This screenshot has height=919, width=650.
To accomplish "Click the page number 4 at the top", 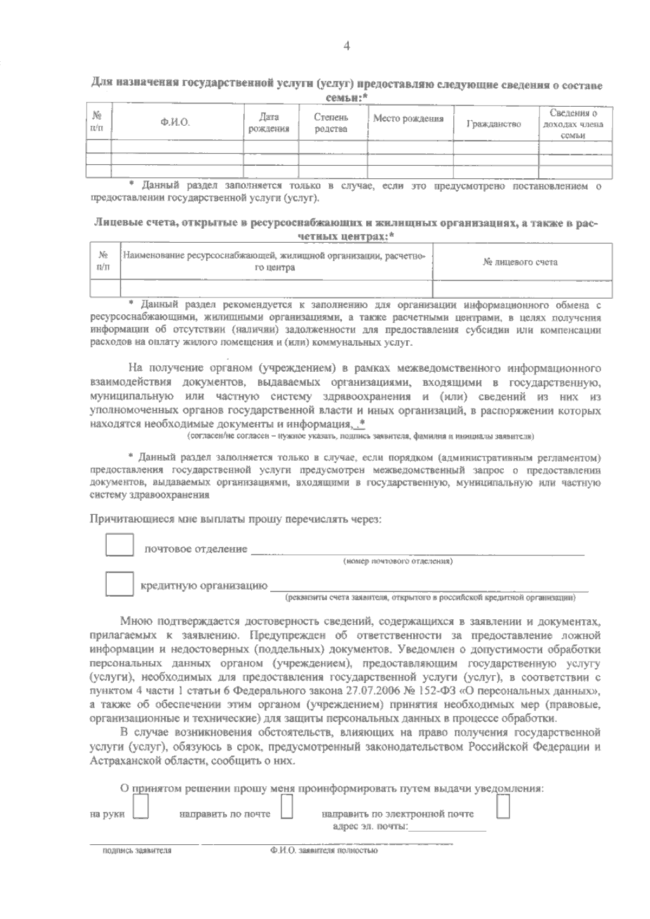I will [x=347, y=47].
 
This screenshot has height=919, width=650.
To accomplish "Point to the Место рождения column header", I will [x=408, y=119].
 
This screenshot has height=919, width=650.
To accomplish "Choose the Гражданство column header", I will [x=494, y=124].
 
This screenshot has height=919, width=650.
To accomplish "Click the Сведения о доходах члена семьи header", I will [x=573, y=124].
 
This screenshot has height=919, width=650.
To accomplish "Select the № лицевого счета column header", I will [x=520, y=262].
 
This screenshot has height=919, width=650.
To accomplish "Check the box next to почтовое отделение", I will [x=119, y=545].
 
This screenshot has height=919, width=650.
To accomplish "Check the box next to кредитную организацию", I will [x=119, y=585].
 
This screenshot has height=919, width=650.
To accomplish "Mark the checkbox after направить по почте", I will [x=287, y=807].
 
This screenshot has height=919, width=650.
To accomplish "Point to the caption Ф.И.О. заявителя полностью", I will [x=323, y=851].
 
